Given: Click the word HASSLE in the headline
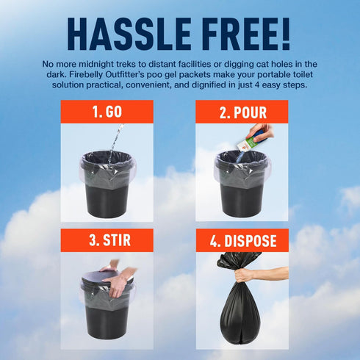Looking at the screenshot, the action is [x=129, y=34].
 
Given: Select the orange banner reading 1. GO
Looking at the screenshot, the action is [x=107, y=112].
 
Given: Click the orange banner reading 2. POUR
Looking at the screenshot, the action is [x=242, y=112].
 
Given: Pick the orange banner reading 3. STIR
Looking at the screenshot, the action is [x=107, y=240].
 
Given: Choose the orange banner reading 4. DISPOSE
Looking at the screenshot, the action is [x=242, y=240].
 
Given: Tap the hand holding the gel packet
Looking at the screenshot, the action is [x=260, y=133].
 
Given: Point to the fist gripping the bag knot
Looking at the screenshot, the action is [x=245, y=276].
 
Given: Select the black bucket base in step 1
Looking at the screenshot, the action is [x=107, y=200].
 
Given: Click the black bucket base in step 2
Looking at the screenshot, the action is [x=242, y=200].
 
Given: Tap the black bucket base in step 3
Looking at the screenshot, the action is [x=107, y=322].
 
